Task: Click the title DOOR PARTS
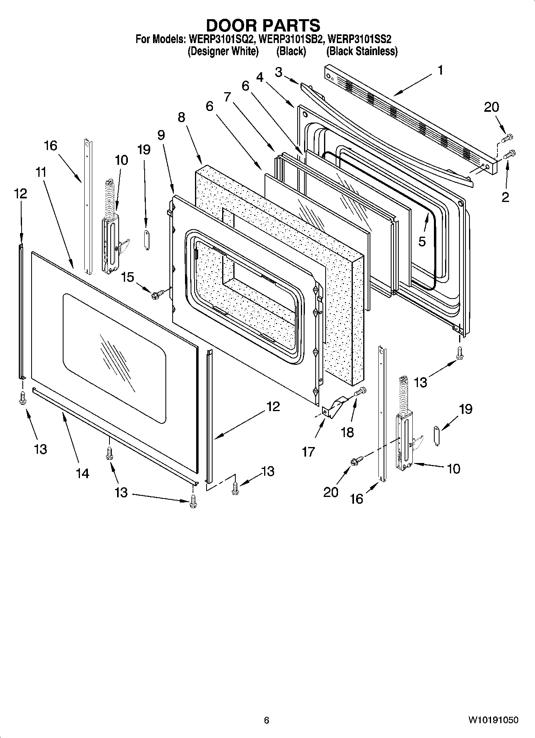coord(263,25)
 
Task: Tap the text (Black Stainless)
coord(362,51)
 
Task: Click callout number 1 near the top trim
coord(440,71)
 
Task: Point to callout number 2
coord(505,197)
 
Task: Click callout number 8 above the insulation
coord(181,117)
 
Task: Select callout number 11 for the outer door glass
coord(41,172)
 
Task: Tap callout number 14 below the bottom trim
coord(82,473)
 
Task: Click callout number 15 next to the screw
coord(127,277)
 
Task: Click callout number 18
coord(347,432)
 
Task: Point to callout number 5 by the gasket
coord(422,241)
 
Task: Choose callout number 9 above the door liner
coord(161,135)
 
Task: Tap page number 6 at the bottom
coord(267,720)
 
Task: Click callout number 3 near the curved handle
coord(278,72)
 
